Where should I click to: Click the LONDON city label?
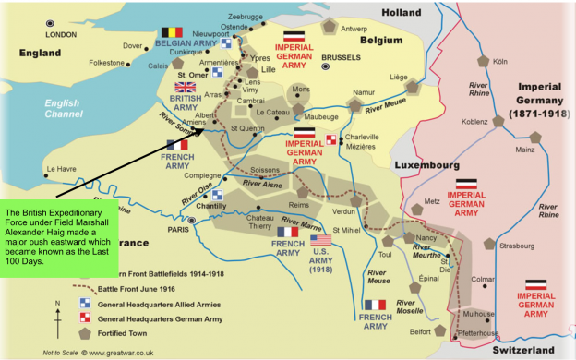(x=61, y=35)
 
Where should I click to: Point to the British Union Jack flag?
(x=186, y=87)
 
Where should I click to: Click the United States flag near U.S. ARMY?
(x=320, y=239)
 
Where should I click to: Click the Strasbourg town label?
(x=516, y=246)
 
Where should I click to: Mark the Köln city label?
(x=500, y=61)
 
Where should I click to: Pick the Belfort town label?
(x=419, y=330)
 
